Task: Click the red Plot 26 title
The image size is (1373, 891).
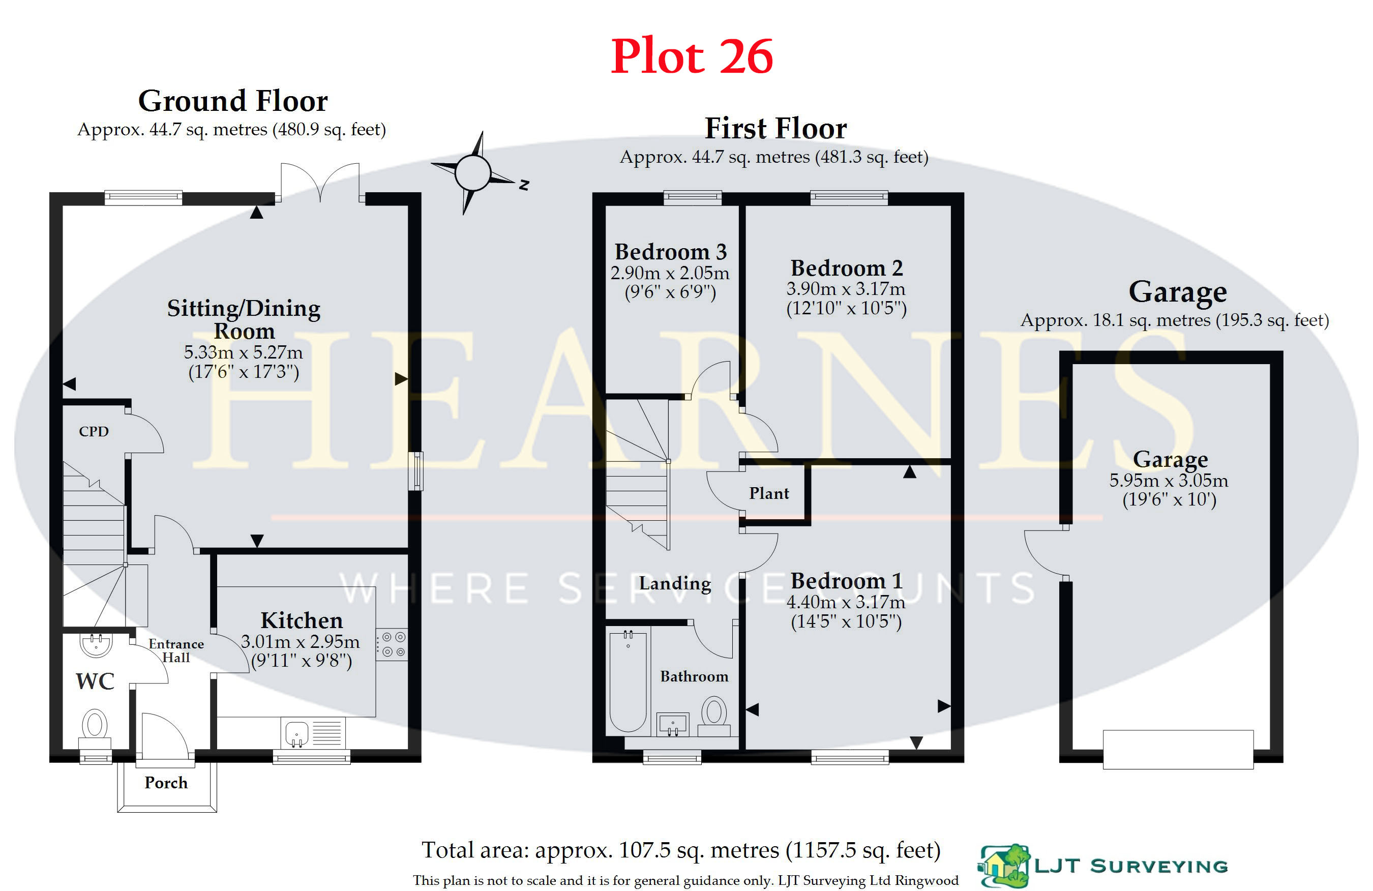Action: (x=692, y=56)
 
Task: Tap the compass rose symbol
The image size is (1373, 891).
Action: (x=473, y=172)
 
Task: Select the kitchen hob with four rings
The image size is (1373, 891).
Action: (x=392, y=644)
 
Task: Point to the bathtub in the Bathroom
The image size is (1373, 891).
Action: (x=628, y=681)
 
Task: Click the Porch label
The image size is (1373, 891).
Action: (x=166, y=783)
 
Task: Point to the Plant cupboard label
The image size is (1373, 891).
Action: (x=769, y=493)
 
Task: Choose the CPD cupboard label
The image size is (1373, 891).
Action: (x=94, y=432)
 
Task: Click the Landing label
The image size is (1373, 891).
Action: (x=675, y=584)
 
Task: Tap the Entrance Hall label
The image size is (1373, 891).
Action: (x=176, y=650)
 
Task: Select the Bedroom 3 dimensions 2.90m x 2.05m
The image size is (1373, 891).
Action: (x=670, y=273)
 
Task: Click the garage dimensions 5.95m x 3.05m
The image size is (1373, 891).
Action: (x=1169, y=480)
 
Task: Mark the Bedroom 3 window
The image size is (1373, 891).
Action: (x=692, y=198)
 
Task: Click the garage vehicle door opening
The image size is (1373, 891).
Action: (x=1178, y=750)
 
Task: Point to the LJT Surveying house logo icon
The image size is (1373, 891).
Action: (x=1004, y=866)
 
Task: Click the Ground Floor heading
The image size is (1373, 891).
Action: (x=233, y=101)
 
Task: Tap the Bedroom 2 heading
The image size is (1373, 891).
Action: (x=846, y=268)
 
